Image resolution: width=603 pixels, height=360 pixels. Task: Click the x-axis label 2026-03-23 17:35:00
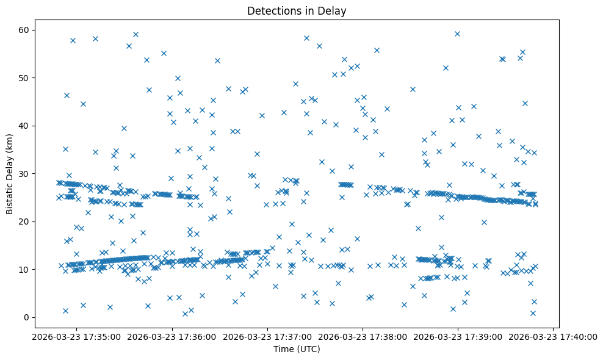coord(77,337)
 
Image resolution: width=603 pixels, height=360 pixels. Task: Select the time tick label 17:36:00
coord(172,337)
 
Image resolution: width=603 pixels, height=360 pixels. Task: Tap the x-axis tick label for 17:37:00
coord(267,337)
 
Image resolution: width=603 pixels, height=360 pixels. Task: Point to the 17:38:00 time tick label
coord(363,337)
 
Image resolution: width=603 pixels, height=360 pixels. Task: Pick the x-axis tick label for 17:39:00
coord(458,337)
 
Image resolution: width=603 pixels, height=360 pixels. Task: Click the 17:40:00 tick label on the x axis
coord(553,337)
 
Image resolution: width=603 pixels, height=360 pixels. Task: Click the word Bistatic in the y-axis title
coord(10,197)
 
